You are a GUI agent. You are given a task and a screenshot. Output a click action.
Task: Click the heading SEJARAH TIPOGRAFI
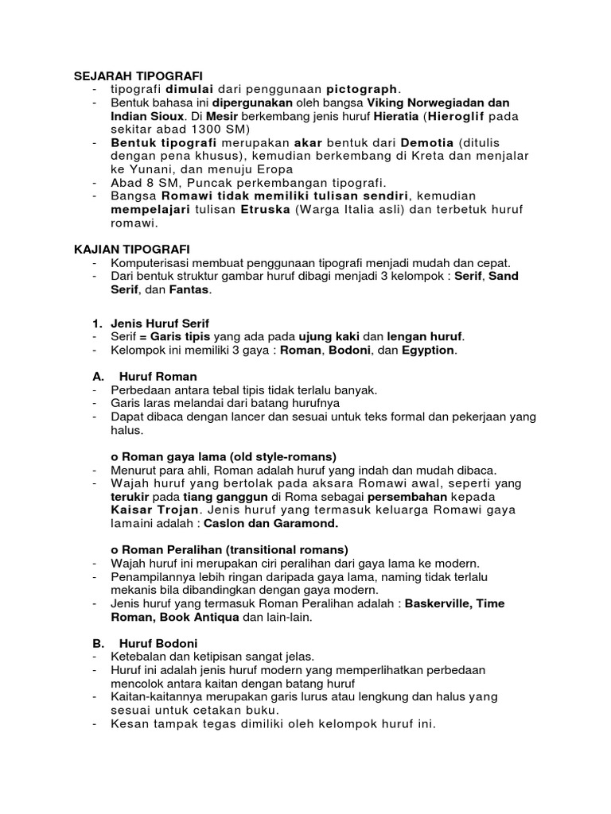pos(128,75)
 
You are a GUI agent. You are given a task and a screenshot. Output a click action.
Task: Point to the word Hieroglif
pos(463,116)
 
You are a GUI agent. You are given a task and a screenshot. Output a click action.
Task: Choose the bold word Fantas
pos(190,290)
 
